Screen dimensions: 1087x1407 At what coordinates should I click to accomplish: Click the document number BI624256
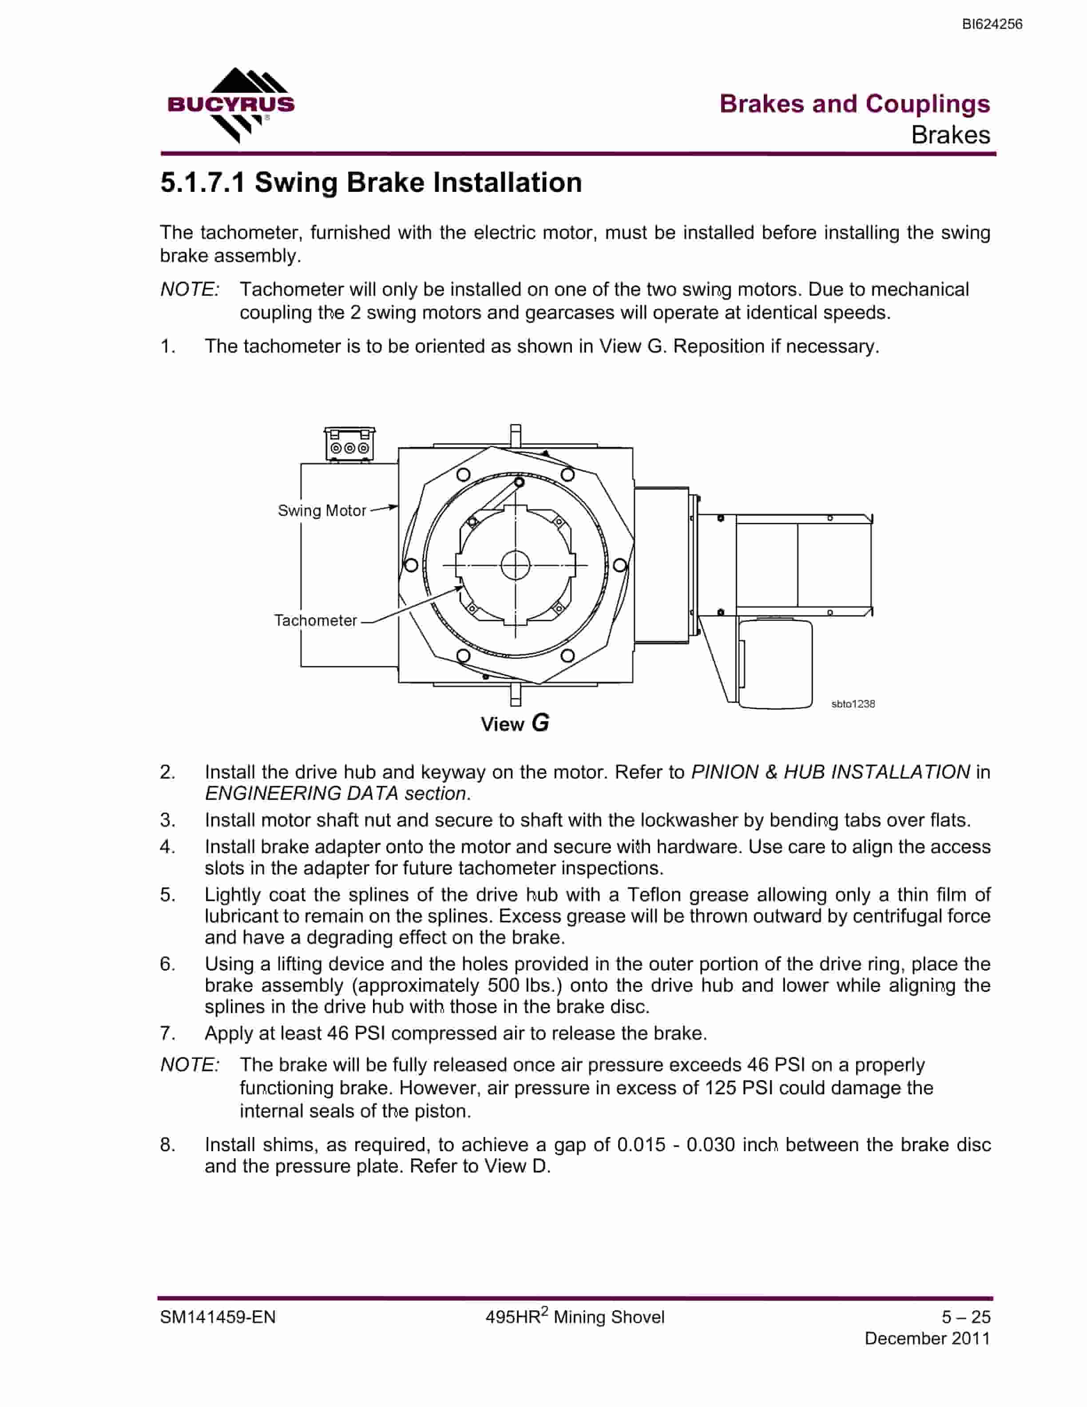(992, 24)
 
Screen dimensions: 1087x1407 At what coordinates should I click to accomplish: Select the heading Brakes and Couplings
(854, 104)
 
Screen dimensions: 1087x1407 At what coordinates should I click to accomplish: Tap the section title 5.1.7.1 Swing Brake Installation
(371, 183)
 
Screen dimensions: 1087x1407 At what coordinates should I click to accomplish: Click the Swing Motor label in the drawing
(321, 511)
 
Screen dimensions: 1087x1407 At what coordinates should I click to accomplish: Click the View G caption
(515, 723)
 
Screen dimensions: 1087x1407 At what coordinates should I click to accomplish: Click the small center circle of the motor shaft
(515, 566)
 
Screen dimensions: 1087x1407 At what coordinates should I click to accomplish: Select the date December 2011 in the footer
(927, 1339)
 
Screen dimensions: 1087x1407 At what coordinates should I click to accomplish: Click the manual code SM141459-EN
(218, 1317)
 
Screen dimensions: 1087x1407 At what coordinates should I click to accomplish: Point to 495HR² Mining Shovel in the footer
(575, 1316)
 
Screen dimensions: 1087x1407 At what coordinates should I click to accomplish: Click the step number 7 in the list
(167, 1033)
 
